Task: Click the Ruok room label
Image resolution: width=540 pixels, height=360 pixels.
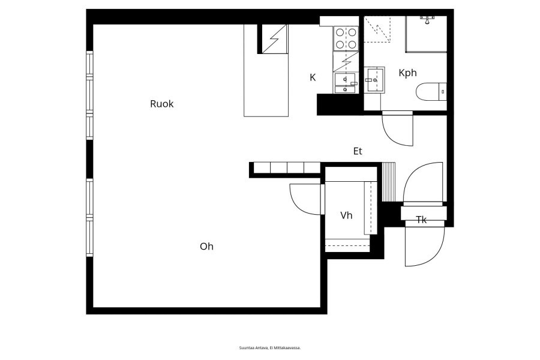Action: click(161, 104)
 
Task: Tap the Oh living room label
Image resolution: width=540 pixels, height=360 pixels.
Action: click(206, 247)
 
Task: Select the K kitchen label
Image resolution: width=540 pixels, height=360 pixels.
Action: click(313, 77)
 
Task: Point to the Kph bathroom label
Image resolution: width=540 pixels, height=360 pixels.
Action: click(408, 73)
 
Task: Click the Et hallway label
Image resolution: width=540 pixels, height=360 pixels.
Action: click(358, 151)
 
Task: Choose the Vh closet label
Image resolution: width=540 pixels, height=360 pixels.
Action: click(346, 215)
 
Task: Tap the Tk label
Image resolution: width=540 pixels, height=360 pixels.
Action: click(422, 220)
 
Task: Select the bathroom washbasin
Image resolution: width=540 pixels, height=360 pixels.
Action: click(374, 80)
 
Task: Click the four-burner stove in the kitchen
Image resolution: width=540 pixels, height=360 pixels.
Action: click(346, 38)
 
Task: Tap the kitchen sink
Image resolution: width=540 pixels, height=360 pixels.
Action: click(345, 83)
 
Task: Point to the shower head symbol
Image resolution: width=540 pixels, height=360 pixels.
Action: click(427, 19)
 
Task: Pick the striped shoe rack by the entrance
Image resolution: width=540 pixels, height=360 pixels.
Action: click(389, 182)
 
